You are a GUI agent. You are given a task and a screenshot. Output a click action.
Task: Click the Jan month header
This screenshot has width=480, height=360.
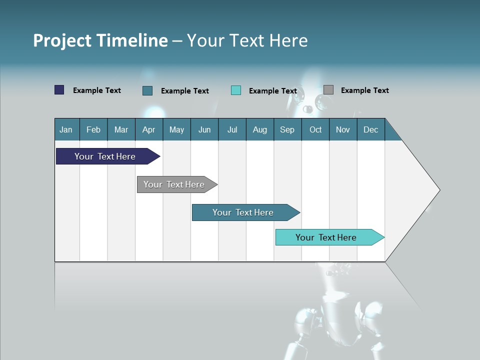tap(66, 129)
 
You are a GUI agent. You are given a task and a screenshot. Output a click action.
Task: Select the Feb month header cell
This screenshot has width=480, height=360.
tap(93, 129)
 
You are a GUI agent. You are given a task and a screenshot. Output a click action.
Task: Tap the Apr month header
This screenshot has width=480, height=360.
tap(149, 129)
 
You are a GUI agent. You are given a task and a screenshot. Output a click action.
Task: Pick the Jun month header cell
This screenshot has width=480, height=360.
tap(204, 129)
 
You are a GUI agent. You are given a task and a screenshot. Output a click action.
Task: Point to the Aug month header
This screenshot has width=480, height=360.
tap(260, 129)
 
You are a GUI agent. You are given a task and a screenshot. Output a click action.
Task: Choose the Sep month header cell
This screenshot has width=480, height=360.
tap(287, 129)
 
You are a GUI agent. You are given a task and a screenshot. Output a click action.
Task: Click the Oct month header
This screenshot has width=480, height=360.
tap(315, 129)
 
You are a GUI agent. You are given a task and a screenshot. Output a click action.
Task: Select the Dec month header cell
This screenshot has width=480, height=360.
tap(371, 129)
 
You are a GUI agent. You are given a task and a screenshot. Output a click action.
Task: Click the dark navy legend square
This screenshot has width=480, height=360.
tap(59, 90)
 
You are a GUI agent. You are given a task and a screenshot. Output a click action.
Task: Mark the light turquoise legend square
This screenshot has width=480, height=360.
tap(236, 90)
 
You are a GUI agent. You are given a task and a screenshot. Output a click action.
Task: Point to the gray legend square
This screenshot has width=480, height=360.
tap(328, 90)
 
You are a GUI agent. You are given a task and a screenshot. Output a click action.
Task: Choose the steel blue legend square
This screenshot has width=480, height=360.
tap(147, 90)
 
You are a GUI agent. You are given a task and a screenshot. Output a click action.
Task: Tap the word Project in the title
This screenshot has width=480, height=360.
tap(62, 40)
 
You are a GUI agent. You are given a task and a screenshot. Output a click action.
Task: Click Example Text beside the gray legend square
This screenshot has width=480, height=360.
tap(364, 90)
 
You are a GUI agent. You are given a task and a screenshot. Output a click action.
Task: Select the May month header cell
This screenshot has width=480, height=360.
tap(176, 129)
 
